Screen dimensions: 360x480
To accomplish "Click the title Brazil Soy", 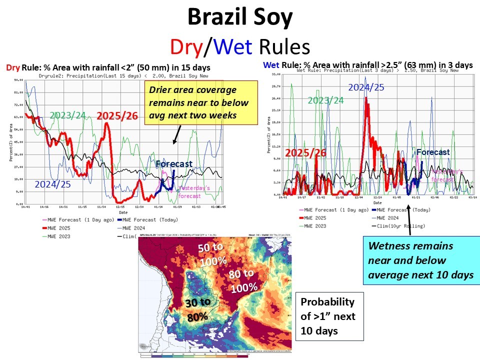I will click(239, 18).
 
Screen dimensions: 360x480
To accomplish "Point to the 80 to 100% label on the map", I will click(243, 281).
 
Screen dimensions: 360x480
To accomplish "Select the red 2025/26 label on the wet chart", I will click(306, 153).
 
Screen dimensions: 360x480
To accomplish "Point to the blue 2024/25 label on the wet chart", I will click(365, 87).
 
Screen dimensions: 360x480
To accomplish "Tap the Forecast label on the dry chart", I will click(173, 163).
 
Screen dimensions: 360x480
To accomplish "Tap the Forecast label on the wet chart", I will click(433, 152).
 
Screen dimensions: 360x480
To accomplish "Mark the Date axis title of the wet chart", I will click(377, 202).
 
